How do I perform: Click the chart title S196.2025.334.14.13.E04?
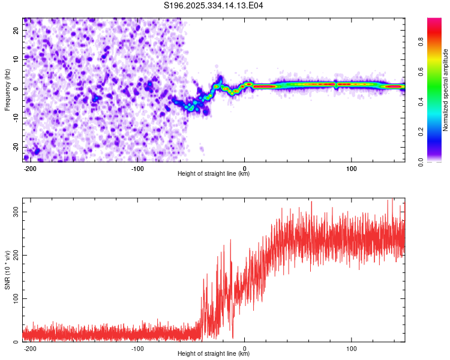(x=214, y=5)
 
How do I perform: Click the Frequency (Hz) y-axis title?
(x=7, y=89)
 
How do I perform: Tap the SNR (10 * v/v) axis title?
(x=7, y=270)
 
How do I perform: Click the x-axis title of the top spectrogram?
(x=214, y=173)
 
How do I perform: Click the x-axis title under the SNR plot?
(x=214, y=353)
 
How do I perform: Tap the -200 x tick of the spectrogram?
(x=29, y=167)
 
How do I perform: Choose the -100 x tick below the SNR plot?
(x=137, y=347)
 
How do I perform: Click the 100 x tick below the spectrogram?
(x=351, y=167)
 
